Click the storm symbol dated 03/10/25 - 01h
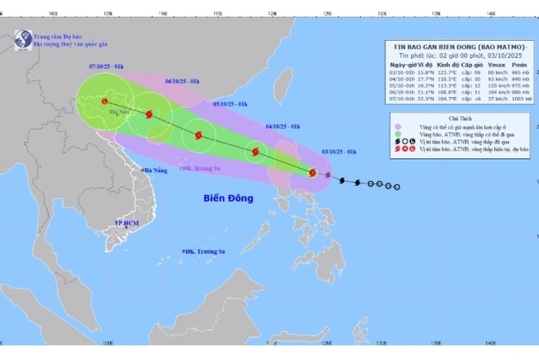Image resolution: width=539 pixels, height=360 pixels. (312, 173)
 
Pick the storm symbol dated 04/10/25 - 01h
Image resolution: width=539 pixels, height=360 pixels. (255, 152)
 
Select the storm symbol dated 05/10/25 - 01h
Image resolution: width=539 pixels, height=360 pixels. (198, 135)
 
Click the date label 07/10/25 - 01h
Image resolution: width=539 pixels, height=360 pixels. (107, 66)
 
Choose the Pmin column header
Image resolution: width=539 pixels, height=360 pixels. (520, 64)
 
